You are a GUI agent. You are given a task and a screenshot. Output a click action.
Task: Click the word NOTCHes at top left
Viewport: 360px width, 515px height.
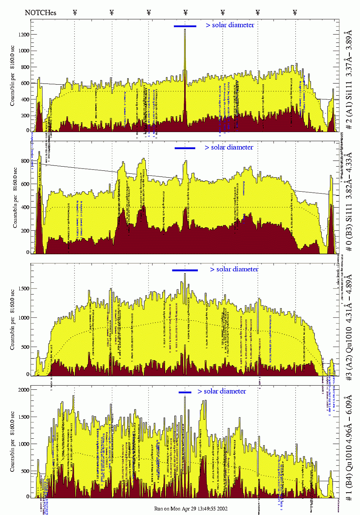tap(40, 13)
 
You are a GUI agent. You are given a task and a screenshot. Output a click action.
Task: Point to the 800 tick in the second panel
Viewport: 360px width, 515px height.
tap(25, 161)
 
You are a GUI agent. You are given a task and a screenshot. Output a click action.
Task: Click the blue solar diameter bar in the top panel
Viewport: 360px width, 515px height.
tap(185, 26)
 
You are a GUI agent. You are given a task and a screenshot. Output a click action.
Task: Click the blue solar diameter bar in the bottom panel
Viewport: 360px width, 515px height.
tap(185, 392)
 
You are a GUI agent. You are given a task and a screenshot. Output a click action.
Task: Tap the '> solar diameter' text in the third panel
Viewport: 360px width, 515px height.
tap(234, 269)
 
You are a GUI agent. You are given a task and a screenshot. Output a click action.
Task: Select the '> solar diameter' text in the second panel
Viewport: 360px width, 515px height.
tap(229, 148)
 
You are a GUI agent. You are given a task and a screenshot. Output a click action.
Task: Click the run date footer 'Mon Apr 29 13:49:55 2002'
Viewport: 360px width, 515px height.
tap(191, 509)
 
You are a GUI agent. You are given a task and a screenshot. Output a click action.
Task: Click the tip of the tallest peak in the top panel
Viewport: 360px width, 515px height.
tap(185, 30)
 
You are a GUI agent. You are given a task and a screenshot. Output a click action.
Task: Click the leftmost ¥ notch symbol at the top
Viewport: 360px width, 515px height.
tap(75, 13)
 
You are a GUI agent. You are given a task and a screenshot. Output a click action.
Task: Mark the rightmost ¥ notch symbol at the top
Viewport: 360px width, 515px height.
tap(295, 13)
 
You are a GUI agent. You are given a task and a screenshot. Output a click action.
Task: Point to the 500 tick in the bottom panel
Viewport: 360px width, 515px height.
tap(25, 471)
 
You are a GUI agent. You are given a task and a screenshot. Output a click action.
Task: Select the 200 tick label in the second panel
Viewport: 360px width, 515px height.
tap(25, 231)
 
